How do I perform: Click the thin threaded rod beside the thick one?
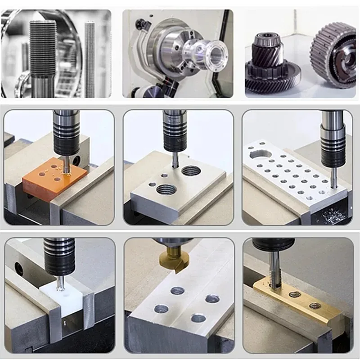pos(90,58)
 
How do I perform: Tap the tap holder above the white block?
pos(59,256)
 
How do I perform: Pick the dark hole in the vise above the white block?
pos(19,269)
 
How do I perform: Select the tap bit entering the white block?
pos(59,282)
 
